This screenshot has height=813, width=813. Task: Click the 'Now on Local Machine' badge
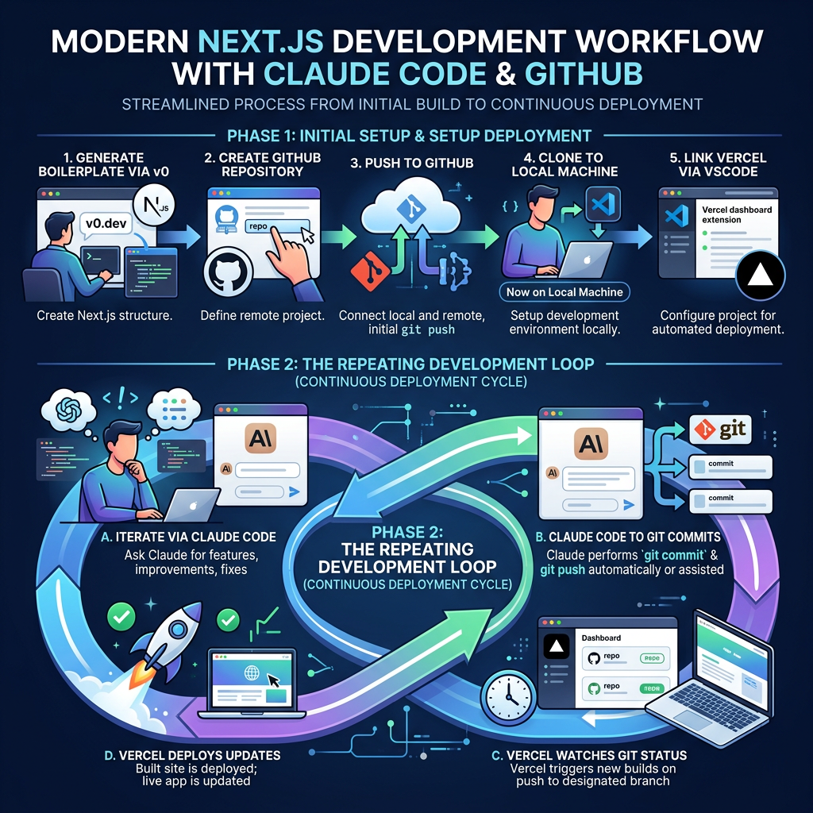(564, 291)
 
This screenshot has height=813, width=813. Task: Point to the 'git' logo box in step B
(722, 430)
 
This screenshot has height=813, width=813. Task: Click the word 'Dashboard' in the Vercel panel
(602, 638)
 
